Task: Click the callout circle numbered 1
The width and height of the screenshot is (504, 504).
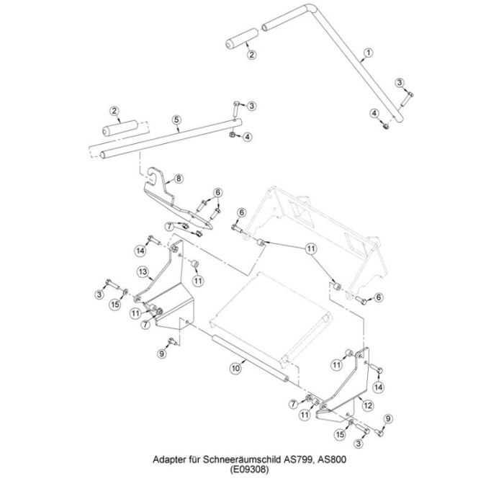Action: click(369, 53)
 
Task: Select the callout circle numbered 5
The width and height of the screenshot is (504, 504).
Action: click(176, 120)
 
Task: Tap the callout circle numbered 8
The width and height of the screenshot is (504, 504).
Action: click(179, 178)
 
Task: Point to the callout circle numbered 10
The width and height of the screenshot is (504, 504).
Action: click(236, 368)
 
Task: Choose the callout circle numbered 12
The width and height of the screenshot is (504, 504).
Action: click(368, 405)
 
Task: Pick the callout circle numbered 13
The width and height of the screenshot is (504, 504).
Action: click(143, 272)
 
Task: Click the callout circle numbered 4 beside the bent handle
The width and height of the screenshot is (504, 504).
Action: click(374, 113)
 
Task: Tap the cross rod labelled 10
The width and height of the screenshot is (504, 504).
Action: click(250, 358)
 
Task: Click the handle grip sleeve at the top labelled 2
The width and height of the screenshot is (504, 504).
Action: click(243, 40)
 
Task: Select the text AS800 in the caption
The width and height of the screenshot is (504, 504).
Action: click(332, 459)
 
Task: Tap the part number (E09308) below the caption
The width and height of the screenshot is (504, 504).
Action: click(249, 469)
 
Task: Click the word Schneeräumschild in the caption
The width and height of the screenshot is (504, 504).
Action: click(242, 459)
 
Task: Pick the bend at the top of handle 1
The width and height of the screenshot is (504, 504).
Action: click(310, 8)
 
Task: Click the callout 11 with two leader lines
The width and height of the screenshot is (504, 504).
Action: click(310, 249)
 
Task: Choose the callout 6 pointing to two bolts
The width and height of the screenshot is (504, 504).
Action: click(218, 192)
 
